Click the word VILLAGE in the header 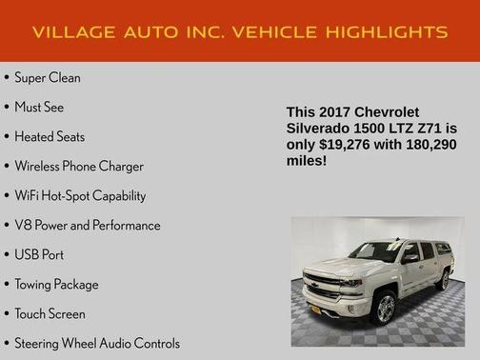(68, 32)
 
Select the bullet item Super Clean (48, 77)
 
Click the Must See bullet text (39, 107)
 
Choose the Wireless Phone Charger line (79, 166)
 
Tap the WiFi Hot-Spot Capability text (80, 195)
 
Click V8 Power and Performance (88, 225)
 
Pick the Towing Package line (56, 284)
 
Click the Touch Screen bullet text (50, 313)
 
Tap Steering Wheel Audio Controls (97, 343)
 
